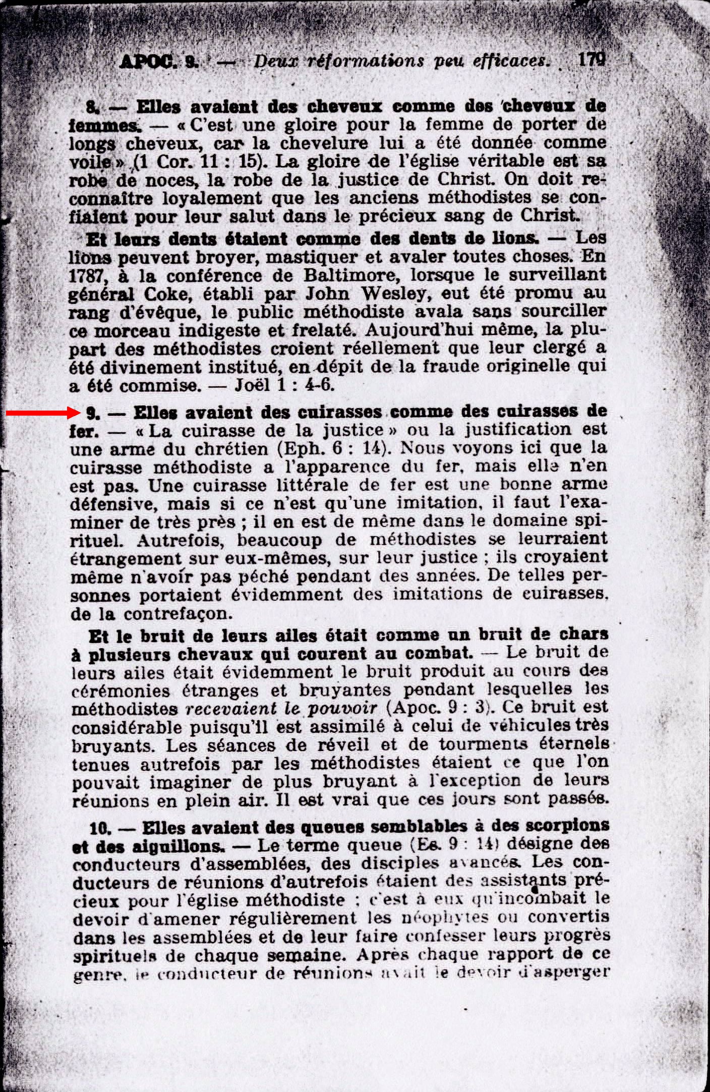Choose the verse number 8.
[91, 107]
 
